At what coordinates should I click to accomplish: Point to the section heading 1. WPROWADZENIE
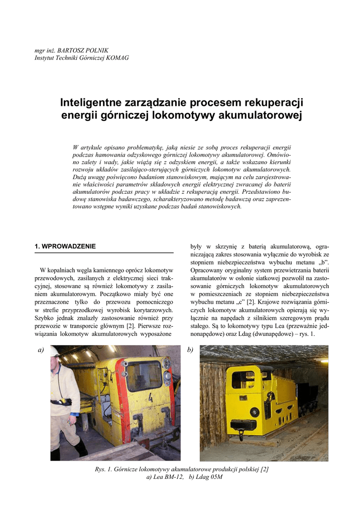click(x=65, y=246)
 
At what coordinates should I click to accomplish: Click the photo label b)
click(x=190, y=349)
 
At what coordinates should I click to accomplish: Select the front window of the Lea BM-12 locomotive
click(x=144, y=376)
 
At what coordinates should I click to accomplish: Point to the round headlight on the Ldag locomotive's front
click(x=255, y=412)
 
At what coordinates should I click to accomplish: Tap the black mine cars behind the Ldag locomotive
click(x=307, y=396)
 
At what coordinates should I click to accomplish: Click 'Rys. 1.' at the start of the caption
click(x=104, y=469)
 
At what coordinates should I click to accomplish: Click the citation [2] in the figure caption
click(x=265, y=469)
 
